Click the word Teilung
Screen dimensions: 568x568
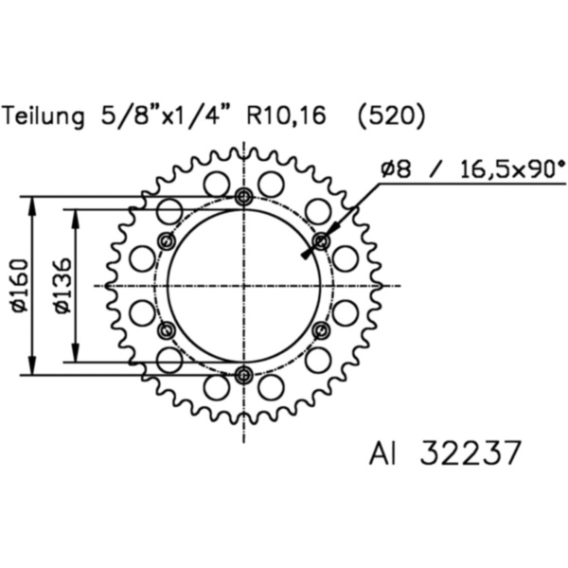click(x=44, y=116)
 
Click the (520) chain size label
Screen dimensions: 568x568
click(x=392, y=116)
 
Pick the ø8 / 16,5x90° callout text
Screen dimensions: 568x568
click(x=472, y=169)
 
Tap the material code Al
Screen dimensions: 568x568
click(x=382, y=453)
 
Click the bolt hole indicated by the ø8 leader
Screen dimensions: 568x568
click(x=321, y=240)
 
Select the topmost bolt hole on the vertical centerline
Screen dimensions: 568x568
click(x=244, y=197)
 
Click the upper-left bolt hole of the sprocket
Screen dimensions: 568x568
click(x=168, y=240)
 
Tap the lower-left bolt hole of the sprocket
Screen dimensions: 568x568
click(x=168, y=330)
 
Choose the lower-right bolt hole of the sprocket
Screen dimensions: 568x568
click(x=321, y=330)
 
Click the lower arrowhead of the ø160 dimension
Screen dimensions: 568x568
click(x=34, y=367)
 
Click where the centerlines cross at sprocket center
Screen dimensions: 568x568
click(x=244, y=286)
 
